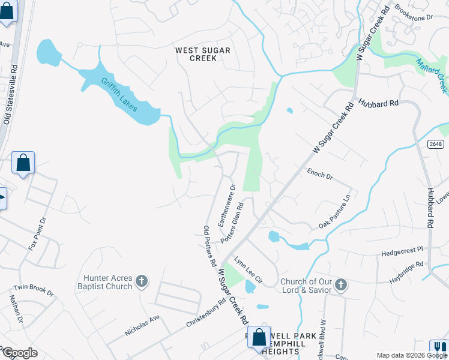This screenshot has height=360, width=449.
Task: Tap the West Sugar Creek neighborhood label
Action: (202, 54)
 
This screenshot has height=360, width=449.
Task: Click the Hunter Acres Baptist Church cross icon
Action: (142, 281)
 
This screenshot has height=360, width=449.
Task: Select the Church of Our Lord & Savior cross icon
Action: (341, 284)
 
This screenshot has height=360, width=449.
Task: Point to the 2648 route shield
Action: (436, 144)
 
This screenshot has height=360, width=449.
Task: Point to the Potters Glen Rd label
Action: (232, 222)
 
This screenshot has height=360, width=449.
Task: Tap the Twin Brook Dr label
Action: (34, 290)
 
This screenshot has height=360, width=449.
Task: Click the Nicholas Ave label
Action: (142, 323)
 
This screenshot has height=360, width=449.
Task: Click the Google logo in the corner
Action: (19, 352)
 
